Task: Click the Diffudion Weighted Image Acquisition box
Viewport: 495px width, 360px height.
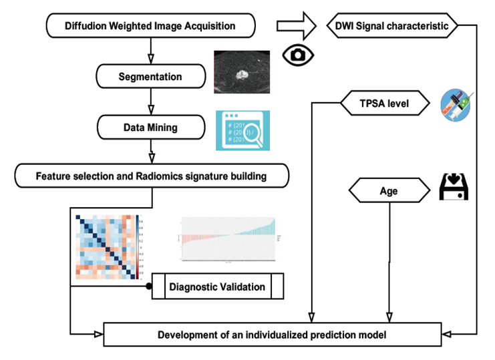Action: [x=150, y=27]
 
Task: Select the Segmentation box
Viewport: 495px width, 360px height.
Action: [x=150, y=76]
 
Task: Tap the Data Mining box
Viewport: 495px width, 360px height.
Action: [x=150, y=126]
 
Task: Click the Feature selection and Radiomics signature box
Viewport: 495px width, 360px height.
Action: [x=152, y=176]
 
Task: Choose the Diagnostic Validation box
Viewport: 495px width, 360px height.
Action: [x=217, y=287]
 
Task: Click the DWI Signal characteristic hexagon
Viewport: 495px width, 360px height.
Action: [x=392, y=27]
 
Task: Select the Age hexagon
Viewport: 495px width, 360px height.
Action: [x=389, y=191]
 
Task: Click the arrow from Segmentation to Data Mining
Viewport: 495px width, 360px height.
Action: [x=150, y=101]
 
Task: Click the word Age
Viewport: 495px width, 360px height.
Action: [x=389, y=191]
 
